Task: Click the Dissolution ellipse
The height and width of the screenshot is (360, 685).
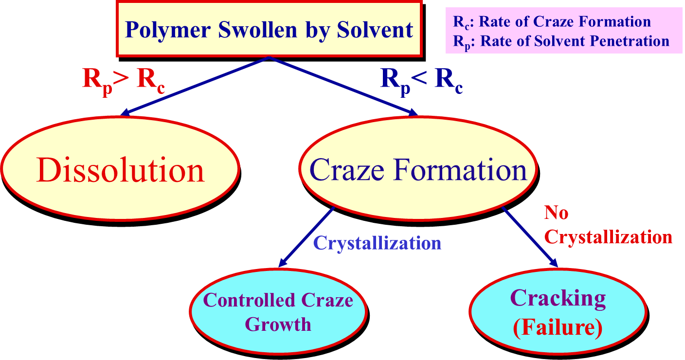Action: [120, 170]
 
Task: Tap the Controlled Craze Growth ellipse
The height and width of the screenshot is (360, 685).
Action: [278, 311]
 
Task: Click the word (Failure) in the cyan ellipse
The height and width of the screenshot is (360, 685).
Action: [558, 328]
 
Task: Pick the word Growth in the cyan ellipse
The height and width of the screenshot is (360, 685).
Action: [278, 324]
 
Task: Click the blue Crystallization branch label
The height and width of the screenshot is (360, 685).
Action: [377, 243]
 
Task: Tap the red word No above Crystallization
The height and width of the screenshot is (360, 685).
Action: [556, 213]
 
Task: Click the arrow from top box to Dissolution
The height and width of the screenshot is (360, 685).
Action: [195, 86]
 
